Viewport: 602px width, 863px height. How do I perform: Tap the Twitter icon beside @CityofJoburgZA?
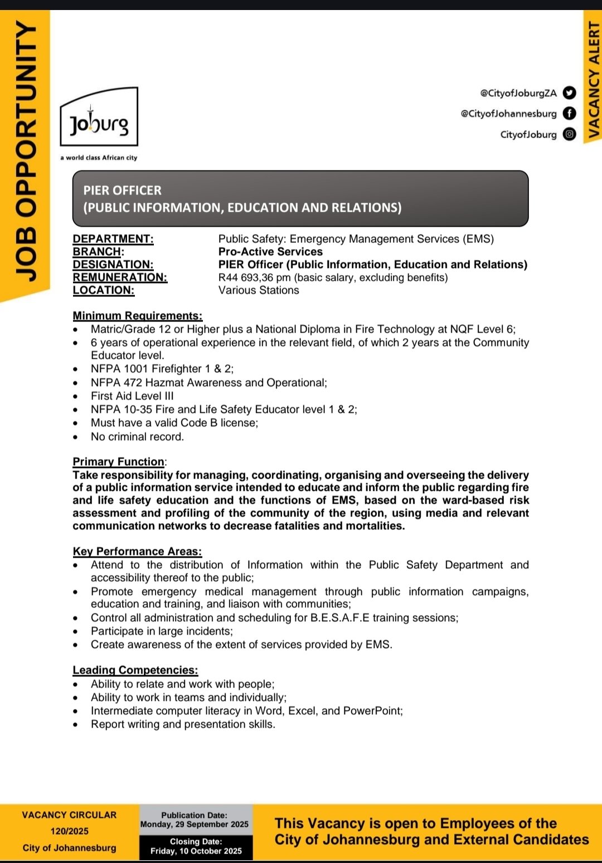tap(569, 92)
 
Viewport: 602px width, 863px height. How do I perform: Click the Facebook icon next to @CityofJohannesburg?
tap(569, 113)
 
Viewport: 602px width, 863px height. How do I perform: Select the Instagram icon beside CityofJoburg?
tap(569, 134)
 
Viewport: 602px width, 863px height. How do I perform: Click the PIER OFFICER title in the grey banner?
tap(123, 191)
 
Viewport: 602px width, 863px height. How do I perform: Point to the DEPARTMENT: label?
tap(113, 239)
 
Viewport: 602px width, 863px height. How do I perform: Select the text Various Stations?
tap(259, 290)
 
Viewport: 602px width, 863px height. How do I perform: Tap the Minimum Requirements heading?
tap(137, 316)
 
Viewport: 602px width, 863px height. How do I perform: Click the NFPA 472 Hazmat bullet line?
tap(209, 383)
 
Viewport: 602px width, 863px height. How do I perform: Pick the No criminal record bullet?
tap(137, 437)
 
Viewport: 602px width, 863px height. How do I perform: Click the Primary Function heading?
tap(119, 462)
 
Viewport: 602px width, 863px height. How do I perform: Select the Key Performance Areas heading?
tap(137, 552)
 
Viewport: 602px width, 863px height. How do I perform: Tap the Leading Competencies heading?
tap(135, 670)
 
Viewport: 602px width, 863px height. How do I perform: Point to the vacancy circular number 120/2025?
tap(70, 831)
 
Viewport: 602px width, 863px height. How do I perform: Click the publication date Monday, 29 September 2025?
tap(195, 825)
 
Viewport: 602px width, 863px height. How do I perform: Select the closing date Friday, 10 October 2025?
tap(196, 851)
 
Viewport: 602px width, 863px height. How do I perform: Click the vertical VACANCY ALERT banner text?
tap(594, 78)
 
